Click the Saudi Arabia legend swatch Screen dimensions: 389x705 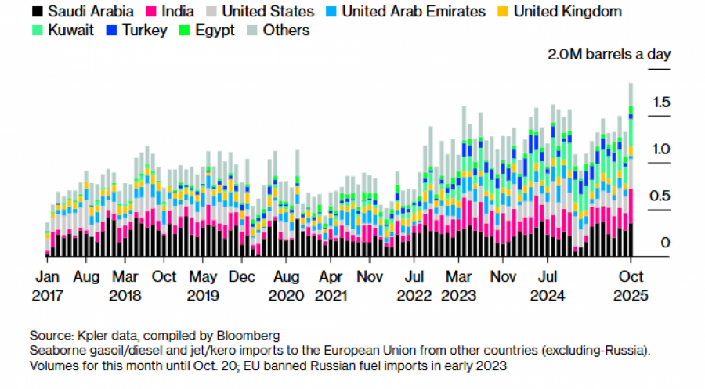pyautogui.click(x=37, y=12)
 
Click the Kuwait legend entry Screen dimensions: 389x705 pyautogui.click(x=69, y=31)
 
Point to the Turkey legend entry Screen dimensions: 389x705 pyautogui.click(x=145, y=31)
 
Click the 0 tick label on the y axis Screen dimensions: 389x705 pyautogui.click(x=665, y=243)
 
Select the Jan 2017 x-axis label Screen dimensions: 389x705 pyautogui.click(x=47, y=286)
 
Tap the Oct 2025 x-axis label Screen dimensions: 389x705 pyautogui.click(x=631, y=286)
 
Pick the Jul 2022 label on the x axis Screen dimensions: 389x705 pyautogui.click(x=414, y=286)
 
